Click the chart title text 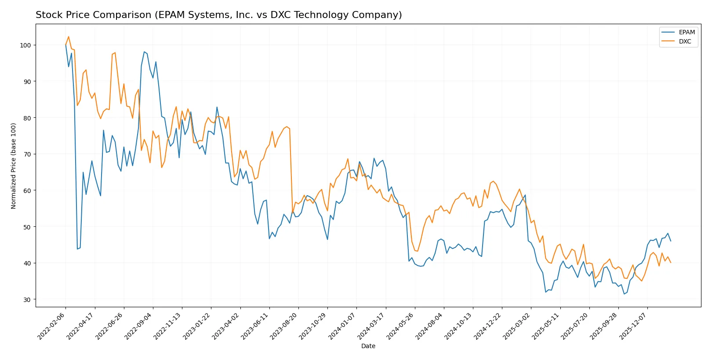click(x=218, y=15)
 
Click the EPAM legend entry click(x=686, y=32)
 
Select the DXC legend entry click(x=684, y=41)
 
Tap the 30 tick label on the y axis click(x=27, y=300)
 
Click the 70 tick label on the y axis click(x=27, y=154)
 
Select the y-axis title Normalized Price click(x=14, y=166)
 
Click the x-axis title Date click(x=368, y=346)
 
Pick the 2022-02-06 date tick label click(x=51, y=326)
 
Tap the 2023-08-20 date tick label click(x=284, y=326)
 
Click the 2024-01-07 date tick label click(x=342, y=326)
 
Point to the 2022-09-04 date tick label click(x=138, y=326)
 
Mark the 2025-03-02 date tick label click(x=517, y=326)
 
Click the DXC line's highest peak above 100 click(x=69, y=36)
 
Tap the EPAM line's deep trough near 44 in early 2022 click(x=77, y=249)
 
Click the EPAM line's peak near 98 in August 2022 click(x=144, y=52)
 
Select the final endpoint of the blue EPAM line click(x=670, y=241)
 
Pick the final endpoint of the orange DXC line click(x=670, y=262)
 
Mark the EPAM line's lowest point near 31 click(x=624, y=294)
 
